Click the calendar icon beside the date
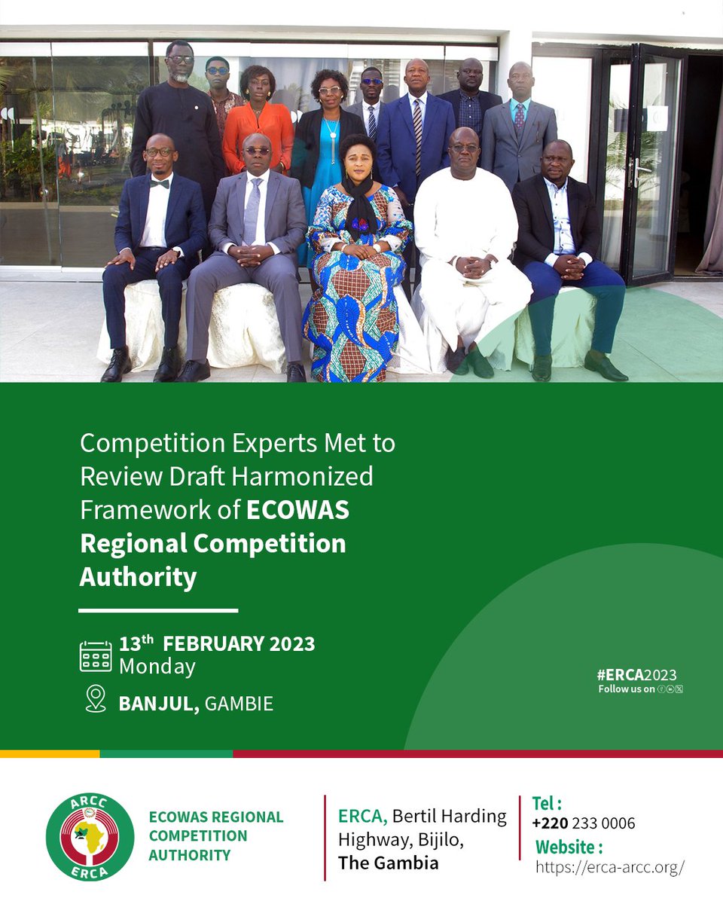click(96, 656)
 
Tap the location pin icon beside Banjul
click(96, 698)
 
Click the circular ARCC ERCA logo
click(90, 836)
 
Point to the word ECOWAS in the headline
click(298, 510)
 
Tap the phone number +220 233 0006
click(584, 823)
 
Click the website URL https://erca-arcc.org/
click(609, 867)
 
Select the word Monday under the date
click(157, 667)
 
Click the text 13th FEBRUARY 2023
click(217, 644)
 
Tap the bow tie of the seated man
click(159, 182)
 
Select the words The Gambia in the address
click(388, 863)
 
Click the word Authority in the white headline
click(138, 578)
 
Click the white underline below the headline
click(158, 610)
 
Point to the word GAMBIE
click(239, 704)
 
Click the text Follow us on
click(627, 689)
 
